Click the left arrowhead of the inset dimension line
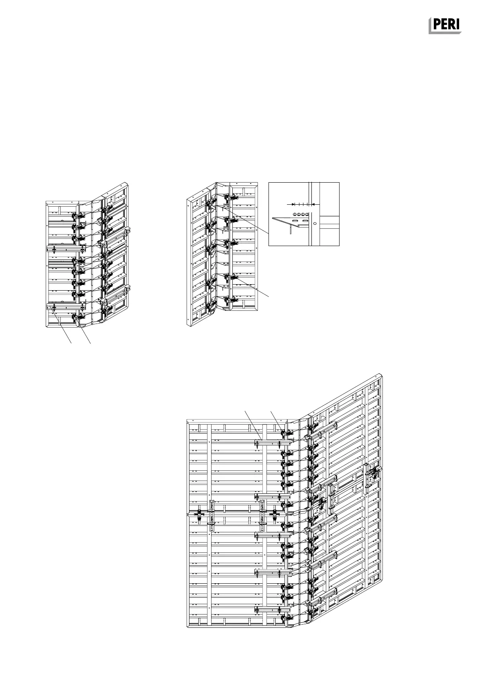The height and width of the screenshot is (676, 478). (x=294, y=204)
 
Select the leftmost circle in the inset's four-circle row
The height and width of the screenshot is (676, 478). (x=295, y=214)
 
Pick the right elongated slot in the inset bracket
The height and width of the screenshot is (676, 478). (x=305, y=221)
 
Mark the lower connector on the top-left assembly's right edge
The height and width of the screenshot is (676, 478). (x=128, y=289)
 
